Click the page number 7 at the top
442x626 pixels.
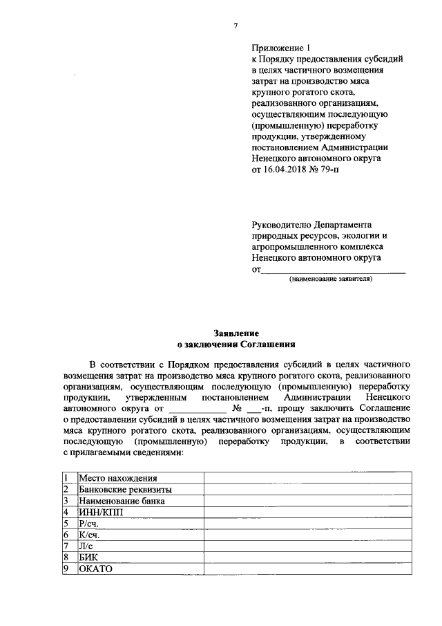tap(236, 26)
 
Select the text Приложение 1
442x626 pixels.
tap(282, 48)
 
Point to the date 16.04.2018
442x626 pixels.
tap(287, 169)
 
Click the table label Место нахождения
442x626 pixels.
tap(117, 478)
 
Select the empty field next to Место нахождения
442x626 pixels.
tap(307, 478)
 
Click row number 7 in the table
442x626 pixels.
tap(66, 546)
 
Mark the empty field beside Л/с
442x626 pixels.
tap(307, 546)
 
